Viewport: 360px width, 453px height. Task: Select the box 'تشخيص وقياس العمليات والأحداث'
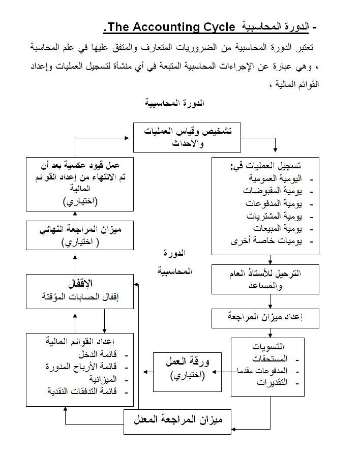(x=187, y=137)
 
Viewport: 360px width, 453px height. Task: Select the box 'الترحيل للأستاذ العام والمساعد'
(x=265, y=279)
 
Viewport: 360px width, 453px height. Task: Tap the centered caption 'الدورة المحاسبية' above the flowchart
(x=175, y=103)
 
